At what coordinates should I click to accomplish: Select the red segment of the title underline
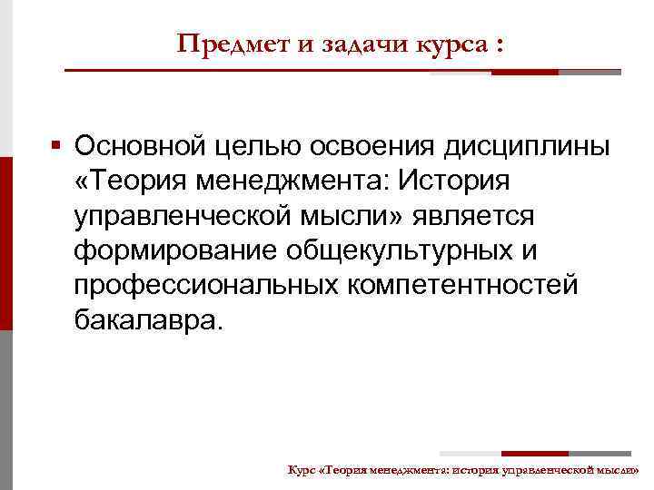(530, 72)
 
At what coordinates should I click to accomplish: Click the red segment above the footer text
(535, 453)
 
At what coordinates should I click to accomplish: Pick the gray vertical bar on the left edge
(5, 408)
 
